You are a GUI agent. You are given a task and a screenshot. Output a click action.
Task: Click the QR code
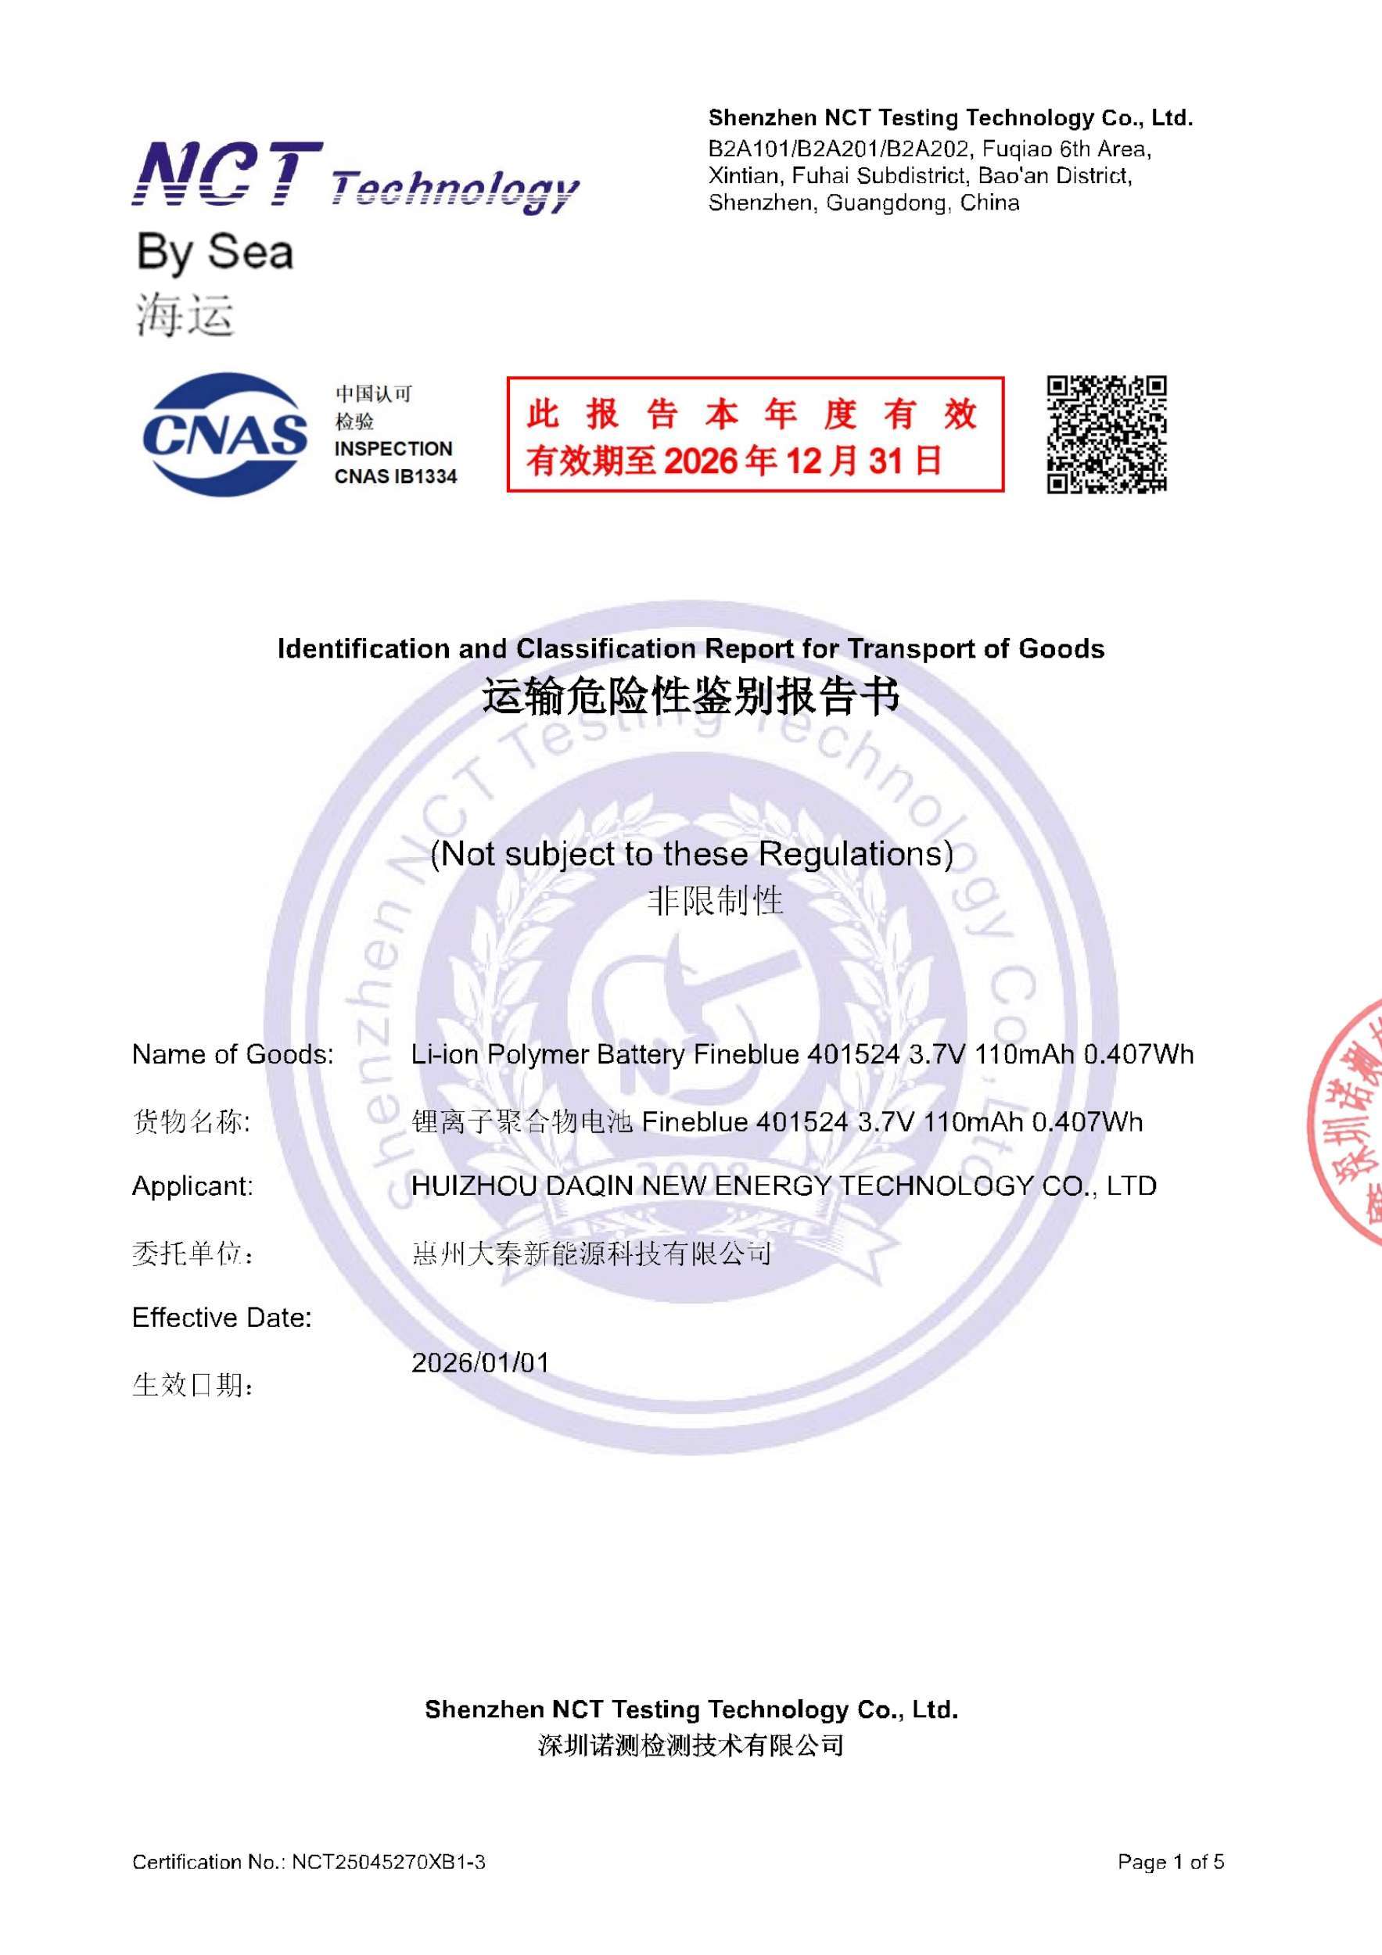[1106, 434]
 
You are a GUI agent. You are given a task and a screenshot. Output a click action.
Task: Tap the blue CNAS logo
[224, 434]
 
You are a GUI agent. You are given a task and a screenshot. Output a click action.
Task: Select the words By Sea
[214, 253]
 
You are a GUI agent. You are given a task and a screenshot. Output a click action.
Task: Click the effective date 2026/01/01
[480, 1362]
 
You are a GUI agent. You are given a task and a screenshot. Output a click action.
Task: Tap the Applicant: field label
[192, 1186]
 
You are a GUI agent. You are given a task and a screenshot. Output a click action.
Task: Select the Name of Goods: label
[232, 1054]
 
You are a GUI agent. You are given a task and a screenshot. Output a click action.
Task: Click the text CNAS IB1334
[395, 477]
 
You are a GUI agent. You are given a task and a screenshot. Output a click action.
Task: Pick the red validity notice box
[756, 434]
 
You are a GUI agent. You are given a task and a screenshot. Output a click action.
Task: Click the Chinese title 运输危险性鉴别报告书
[691, 698]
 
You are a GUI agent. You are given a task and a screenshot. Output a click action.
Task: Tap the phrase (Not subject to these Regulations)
[691, 853]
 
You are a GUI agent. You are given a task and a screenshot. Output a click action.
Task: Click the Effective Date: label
[221, 1318]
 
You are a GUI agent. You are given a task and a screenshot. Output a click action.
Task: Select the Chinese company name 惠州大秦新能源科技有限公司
[591, 1254]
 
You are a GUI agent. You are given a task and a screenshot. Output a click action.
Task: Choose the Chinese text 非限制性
[716, 901]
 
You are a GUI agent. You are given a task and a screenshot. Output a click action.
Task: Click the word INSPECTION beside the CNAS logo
[393, 449]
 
